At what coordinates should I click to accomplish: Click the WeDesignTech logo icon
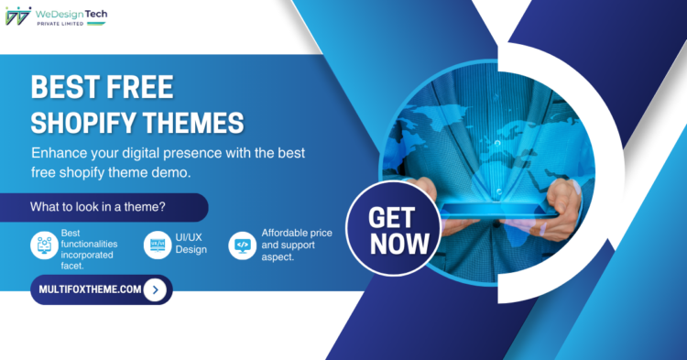(x=17, y=16)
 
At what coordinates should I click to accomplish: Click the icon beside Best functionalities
(x=43, y=245)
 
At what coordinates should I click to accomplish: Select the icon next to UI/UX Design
(x=157, y=245)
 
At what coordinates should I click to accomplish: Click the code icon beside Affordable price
(x=242, y=245)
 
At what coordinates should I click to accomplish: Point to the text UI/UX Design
(x=191, y=243)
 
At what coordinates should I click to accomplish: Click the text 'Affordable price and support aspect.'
(x=295, y=245)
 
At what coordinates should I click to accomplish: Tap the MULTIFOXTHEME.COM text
(x=90, y=289)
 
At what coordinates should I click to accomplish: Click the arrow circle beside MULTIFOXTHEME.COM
(x=157, y=289)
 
